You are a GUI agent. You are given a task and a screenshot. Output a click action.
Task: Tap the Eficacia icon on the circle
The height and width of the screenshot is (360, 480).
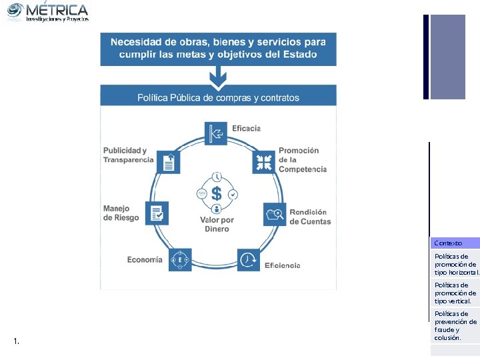point(217,132)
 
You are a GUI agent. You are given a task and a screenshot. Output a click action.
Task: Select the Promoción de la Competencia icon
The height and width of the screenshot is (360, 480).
point(263,161)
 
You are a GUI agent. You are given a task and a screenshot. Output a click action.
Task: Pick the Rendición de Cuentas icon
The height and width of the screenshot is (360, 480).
point(275,214)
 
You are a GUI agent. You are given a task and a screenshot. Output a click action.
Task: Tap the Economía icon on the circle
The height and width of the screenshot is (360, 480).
point(180,259)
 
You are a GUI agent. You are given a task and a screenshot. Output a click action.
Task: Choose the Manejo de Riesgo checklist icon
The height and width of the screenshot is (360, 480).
point(157,213)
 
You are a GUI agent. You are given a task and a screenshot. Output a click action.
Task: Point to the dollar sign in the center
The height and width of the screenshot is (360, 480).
point(217,194)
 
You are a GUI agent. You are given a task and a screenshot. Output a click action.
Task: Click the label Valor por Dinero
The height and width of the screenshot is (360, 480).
point(217,225)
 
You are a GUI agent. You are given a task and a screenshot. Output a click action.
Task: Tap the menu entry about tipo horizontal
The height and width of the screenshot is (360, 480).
point(456,264)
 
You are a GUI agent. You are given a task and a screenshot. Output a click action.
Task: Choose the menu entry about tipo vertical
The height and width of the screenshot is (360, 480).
point(456,293)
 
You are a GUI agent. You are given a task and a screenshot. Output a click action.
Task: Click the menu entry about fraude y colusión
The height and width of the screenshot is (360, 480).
point(456,325)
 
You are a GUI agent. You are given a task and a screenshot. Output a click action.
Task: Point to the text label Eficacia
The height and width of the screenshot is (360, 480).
point(246,128)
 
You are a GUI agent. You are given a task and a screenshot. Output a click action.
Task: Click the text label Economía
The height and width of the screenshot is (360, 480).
point(145,260)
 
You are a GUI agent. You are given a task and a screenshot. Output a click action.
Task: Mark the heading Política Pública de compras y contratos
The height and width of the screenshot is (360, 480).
point(218,97)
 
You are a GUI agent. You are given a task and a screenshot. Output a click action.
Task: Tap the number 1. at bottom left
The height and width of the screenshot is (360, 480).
point(16,342)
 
